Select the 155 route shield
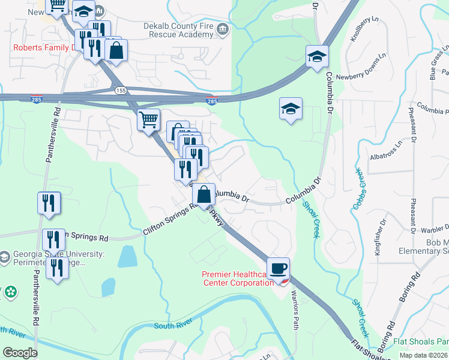click(121, 90)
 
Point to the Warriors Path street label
click(295, 310)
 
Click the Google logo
click(20, 353)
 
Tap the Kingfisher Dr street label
click(378, 239)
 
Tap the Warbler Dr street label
click(433, 228)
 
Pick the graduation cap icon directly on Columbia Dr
click(317, 57)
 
